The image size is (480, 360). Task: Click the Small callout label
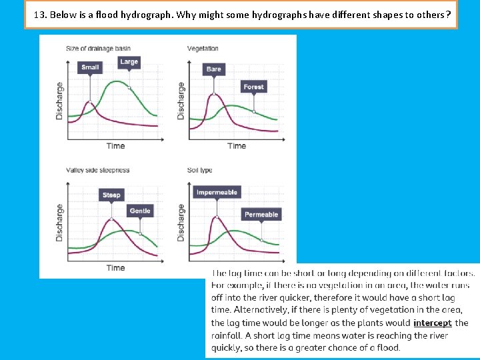pos(90,67)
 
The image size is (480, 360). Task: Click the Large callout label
pos(129,62)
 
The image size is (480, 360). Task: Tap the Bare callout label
pos(214,69)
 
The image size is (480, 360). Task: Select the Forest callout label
pos(253,87)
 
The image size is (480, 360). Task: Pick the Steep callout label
pos(111,195)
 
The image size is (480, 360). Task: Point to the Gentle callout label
pos(140,211)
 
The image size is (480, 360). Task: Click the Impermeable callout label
pos(217,192)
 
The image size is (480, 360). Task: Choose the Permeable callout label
pos(261,214)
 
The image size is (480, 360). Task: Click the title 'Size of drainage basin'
pos(99,49)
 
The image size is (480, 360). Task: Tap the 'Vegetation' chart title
pos(203,49)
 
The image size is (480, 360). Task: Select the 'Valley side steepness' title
pos(97,171)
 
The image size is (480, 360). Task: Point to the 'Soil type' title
pos(200,171)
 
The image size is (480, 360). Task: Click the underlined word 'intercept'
pos(432,323)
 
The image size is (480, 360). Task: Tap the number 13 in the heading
pos(39,13)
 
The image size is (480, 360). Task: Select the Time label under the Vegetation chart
pos(237,146)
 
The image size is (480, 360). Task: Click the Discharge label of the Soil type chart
pos(181,223)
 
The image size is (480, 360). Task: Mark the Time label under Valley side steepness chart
pos(115,268)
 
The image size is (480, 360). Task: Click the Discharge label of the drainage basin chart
pos(59,101)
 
